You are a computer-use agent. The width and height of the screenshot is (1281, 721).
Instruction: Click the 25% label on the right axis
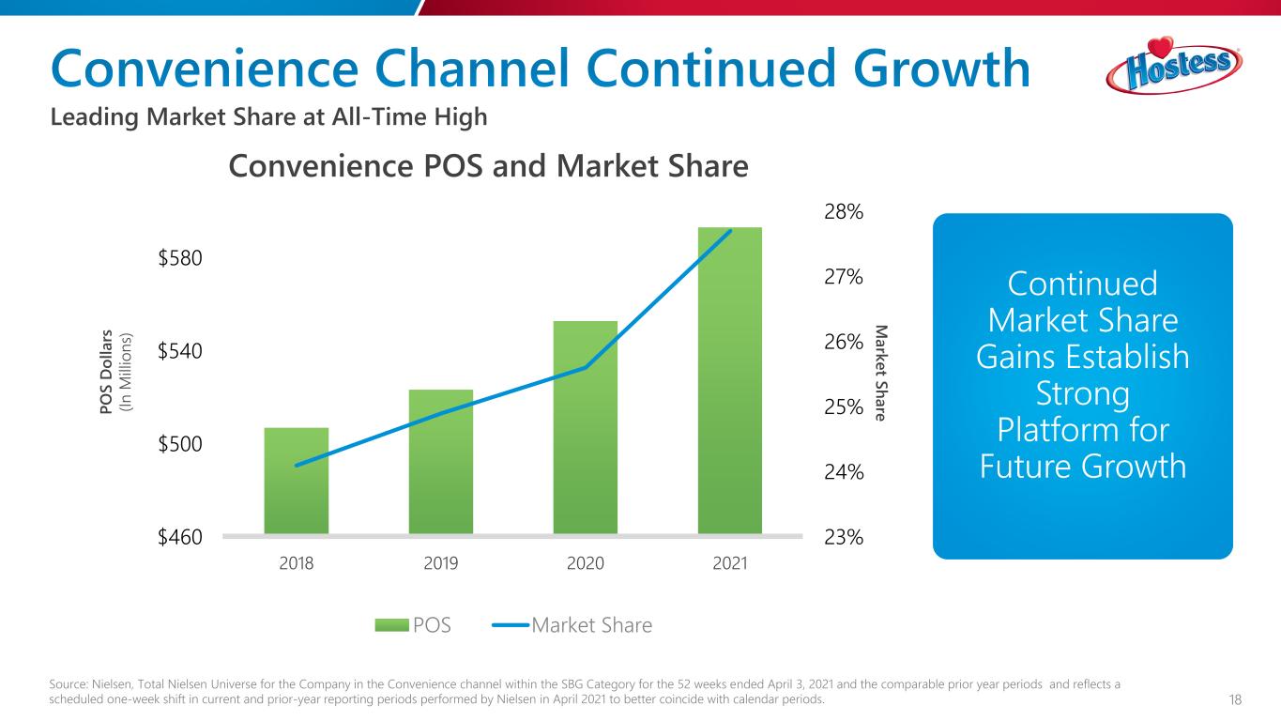(x=844, y=407)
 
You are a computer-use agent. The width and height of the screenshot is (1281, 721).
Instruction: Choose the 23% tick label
(x=844, y=537)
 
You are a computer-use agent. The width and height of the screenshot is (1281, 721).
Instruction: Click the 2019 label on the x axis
(x=441, y=563)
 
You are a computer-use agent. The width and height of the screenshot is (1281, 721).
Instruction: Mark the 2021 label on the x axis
(x=730, y=563)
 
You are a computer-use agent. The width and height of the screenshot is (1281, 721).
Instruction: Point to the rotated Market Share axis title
(x=880, y=373)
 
